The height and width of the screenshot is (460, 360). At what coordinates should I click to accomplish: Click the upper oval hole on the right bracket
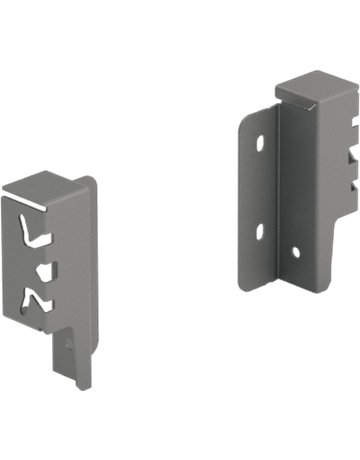(259, 144)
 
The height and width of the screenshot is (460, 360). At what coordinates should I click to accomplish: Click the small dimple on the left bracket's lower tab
(67, 343)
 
